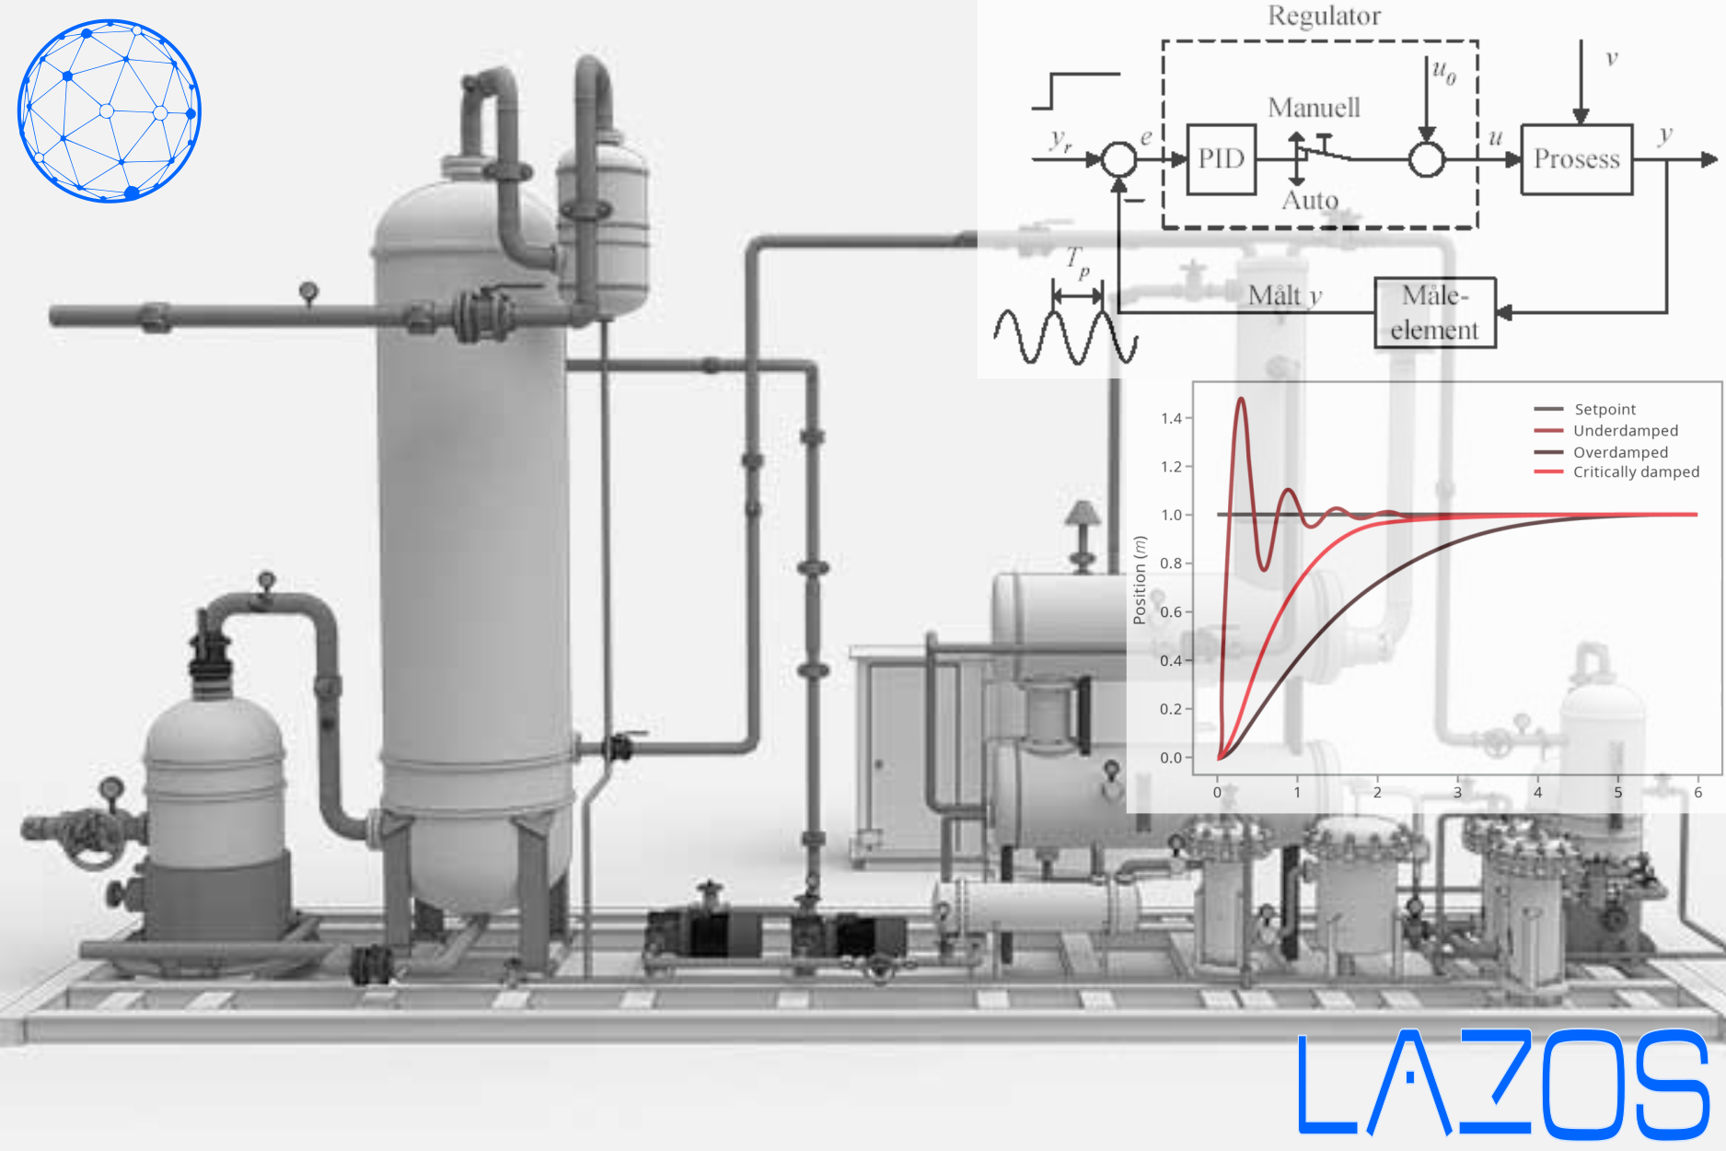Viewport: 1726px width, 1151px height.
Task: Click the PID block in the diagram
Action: pos(1222,159)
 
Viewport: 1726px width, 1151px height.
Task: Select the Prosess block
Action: pos(1576,159)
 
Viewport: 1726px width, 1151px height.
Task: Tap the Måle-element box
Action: pos(1434,313)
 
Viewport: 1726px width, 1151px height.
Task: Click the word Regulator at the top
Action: pos(1324,17)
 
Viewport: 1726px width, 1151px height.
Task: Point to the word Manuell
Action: pos(1314,108)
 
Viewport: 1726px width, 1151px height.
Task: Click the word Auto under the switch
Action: pos(1310,200)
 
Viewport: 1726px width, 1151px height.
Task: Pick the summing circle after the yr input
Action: pos(1118,159)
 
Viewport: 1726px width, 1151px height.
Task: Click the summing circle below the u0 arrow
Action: pos(1426,159)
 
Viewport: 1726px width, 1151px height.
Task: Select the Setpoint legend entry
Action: pos(1604,409)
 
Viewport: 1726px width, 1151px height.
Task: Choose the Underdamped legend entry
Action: pos(1625,430)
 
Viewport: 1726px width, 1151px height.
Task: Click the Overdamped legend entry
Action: pos(1620,452)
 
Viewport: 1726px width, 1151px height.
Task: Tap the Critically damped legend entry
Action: pos(1636,472)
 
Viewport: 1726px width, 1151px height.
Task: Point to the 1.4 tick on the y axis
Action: pos(1171,418)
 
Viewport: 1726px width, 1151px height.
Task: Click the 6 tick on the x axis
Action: pos(1697,792)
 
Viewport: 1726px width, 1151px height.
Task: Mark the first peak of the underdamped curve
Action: pos(1241,399)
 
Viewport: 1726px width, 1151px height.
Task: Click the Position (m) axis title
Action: pos(1141,580)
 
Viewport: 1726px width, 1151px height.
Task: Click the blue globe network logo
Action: pos(110,110)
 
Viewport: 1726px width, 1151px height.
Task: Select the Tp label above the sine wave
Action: pos(1078,262)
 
